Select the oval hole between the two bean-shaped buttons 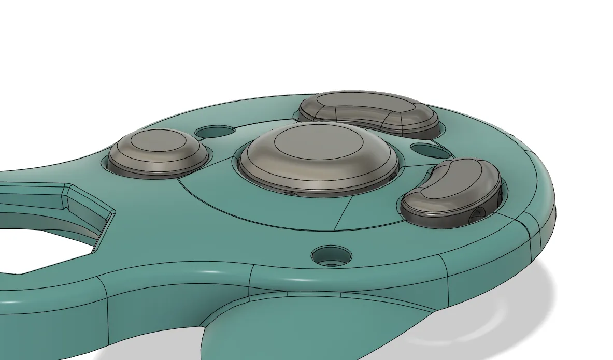point(429,151)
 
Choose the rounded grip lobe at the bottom point(311,326)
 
